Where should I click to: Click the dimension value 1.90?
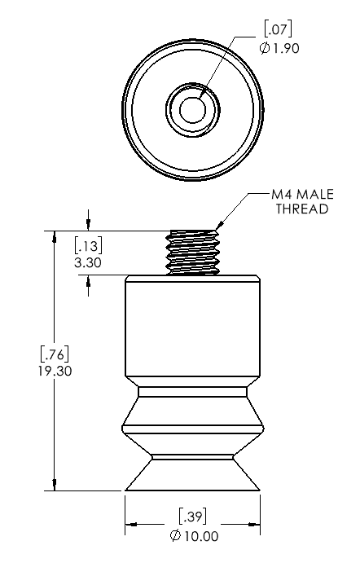(x=287, y=48)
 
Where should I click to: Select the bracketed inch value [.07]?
(x=278, y=29)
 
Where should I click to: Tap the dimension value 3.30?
(x=88, y=262)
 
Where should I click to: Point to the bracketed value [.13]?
(x=88, y=245)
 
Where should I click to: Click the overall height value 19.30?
(x=55, y=371)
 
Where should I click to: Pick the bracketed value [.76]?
(x=55, y=354)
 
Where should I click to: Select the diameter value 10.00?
(x=201, y=536)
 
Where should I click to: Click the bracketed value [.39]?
(x=193, y=517)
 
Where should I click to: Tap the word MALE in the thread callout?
(x=315, y=194)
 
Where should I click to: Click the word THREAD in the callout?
(x=302, y=209)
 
